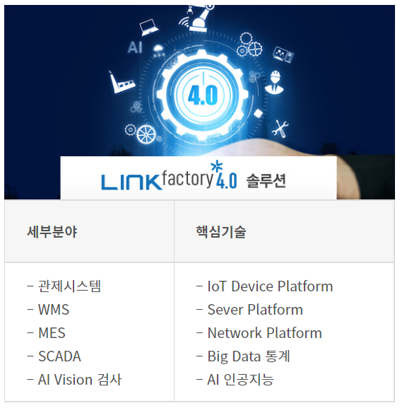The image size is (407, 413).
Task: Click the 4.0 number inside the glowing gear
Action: click(x=203, y=95)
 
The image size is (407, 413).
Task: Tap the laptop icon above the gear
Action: click(x=148, y=27)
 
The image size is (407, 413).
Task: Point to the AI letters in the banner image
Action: click(x=135, y=47)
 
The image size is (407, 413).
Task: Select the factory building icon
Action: click(x=121, y=82)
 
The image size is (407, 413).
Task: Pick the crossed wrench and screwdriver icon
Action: click(x=281, y=129)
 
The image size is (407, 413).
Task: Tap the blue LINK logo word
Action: click(x=131, y=182)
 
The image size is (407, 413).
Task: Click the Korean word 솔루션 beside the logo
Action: click(x=266, y=181)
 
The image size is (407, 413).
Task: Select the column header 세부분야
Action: click(x=52, y=232)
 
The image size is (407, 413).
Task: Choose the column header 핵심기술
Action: click(x=221, y=232)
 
